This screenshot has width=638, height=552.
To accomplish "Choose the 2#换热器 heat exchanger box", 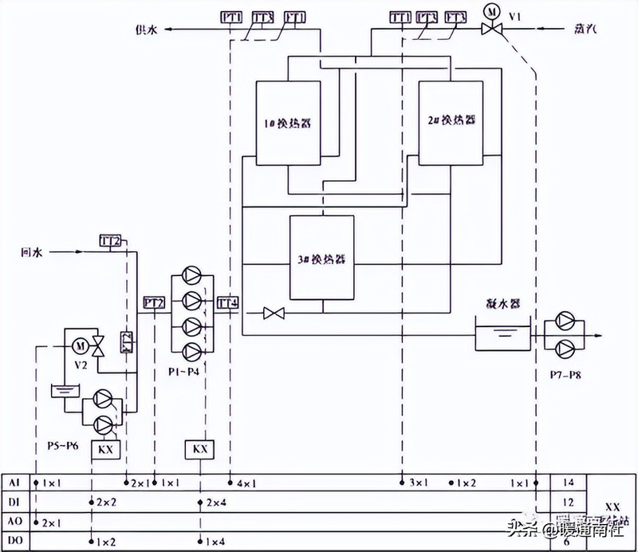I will [451, 122].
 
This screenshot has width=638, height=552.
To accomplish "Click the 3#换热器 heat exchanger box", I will [321, 258].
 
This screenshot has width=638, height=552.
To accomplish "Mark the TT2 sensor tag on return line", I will [110, 240].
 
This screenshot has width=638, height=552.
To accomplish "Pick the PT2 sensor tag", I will [154, 303].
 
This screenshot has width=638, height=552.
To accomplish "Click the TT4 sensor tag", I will [228, 303].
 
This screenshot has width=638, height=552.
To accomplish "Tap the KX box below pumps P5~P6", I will [107, 449].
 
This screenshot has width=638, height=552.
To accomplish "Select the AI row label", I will [14, 483].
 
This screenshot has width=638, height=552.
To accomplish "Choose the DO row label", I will [14, 542].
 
